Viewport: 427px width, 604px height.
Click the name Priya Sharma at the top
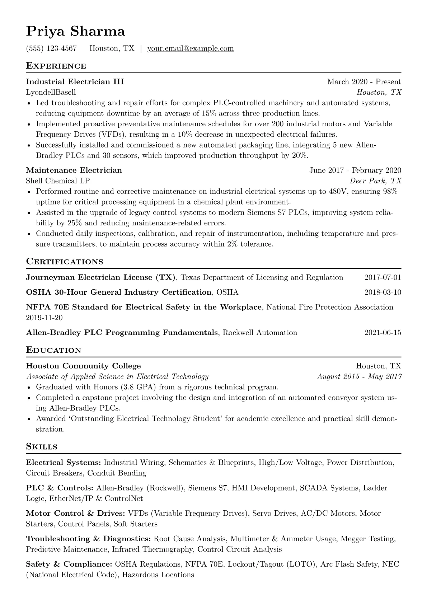pyautogui.click(x=75, y=32)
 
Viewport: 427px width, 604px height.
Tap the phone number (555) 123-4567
pyautogui.click(x=51, y=48)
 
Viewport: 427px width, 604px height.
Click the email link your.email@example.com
pyautogui.click(x=191, y=48)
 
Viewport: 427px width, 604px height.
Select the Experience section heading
pyautogui.click(x=56, y=66)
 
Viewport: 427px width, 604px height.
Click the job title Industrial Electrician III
pyautogui.click(x=75, y=82)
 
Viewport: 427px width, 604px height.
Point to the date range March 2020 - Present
pyautogui.click(x=364, y=82)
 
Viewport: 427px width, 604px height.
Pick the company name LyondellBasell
pyautogui.click(x=51, y=92)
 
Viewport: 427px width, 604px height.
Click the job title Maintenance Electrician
pyautogui.click(x=74, y=170)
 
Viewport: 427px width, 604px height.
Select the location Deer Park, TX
pyautogui.click(x=375, y=181)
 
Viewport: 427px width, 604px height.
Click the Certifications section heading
pyautogui.click(x=65, y=262)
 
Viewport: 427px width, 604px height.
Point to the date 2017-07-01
pyautogui.click(x=383, y=277)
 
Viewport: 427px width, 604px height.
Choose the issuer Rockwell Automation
pyautogui.click(x=260, y=333)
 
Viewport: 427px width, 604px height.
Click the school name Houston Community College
pyautogui.click(x=83, y=366)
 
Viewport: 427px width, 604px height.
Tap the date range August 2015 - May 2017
pyautogui.click(x=359, y=376)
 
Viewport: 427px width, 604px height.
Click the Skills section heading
pyautogui.click(x=42, y=447)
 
